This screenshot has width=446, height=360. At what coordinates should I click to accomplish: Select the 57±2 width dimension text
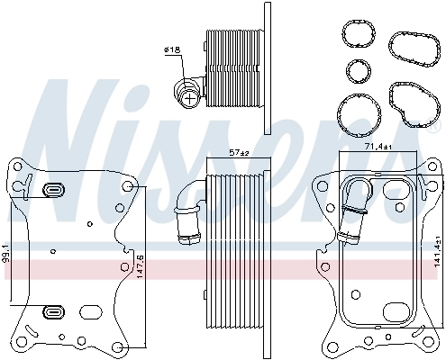(x=238, y=153)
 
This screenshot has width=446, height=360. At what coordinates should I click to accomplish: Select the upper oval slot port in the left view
(x=52, y=190)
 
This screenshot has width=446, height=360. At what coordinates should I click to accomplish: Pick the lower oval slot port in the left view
(x=52, y=314)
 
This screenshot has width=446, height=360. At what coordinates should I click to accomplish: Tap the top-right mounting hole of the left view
(x=132, y=187)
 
